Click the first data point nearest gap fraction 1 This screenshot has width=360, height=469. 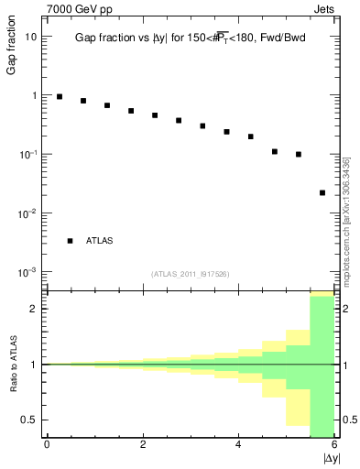pos(60,96)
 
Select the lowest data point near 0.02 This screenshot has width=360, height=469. pos(322,193)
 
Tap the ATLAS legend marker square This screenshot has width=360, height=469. pos(70,241)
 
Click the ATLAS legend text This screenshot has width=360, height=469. pos(100,241)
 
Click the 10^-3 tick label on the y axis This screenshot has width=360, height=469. pos(28,271)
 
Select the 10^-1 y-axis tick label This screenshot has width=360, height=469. pos(28,154)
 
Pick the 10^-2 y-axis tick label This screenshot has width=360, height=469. pos(28,213)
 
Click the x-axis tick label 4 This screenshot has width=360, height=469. pos(238,444)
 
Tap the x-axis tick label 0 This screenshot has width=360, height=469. pos(47,444)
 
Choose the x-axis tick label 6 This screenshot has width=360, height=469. pos(334,444)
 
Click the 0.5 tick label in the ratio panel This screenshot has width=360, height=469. pos(30,420)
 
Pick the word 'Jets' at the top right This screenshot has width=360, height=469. pos(325,9)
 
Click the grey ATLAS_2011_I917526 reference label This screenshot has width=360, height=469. pos(190,273)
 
